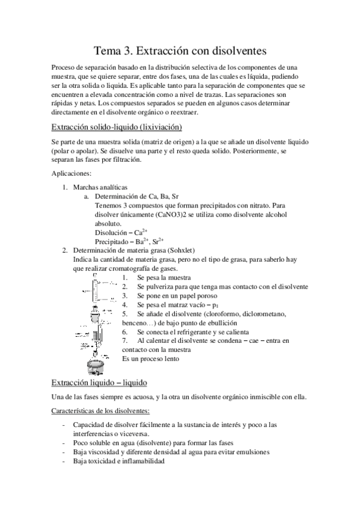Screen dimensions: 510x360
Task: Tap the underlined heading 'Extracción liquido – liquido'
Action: (99, 382)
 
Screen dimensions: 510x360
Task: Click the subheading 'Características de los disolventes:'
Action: (100, 411)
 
